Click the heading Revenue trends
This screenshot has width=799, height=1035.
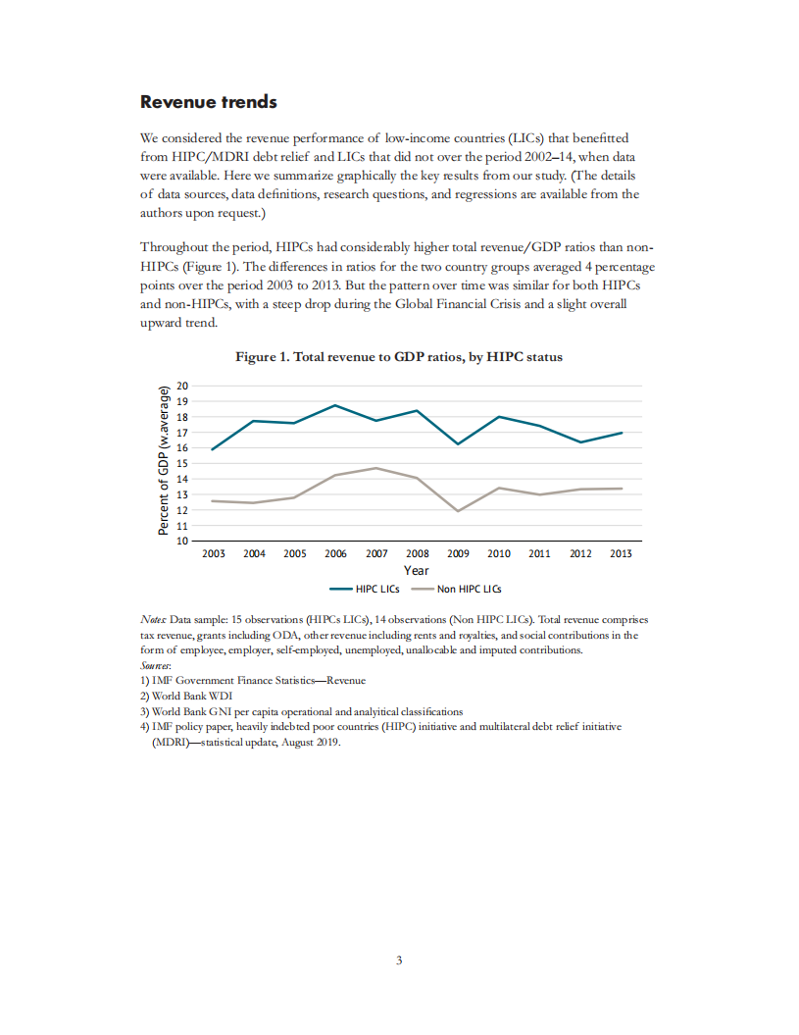tap(209, 102)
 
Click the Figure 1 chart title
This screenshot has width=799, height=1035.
tap(399, 357)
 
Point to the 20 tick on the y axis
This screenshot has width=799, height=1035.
tap(180, 386)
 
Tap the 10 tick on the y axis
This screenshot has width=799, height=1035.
tap(180, 541)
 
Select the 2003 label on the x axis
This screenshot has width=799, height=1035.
tap(213, 553)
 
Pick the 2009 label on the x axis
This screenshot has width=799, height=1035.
tap(458, 553)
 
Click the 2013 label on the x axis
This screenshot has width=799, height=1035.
tap(621, 553)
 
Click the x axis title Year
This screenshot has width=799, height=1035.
tap(416, 570)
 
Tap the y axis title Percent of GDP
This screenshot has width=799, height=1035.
tap(165, 462)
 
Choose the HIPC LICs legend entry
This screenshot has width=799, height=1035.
tap(365, 590)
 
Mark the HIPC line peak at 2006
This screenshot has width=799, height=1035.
tap(335, 405)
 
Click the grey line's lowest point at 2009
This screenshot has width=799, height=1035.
tap(458, 511)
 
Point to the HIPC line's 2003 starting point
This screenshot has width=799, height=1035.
tap(213, 449)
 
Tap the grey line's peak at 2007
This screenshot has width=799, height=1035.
tap(376, 468)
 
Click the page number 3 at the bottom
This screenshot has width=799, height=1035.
tap(399, 959)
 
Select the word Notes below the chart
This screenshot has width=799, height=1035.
tap(154, 621)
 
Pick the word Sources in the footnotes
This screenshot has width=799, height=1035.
tap(157, 665)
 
